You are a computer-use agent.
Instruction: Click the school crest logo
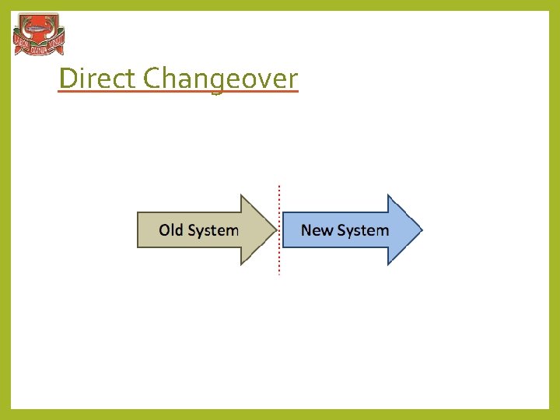[x=39, y=35]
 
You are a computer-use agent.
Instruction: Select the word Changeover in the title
[x=221, y=79]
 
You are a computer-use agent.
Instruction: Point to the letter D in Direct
[x=67, y=79]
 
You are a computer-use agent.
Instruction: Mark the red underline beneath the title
[x=178, y=93]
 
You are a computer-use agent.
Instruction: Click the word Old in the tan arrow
[x=171, y=230]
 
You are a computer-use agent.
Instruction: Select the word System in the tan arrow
[x=213, y=230]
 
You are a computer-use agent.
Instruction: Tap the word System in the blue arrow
[x=362, y=230]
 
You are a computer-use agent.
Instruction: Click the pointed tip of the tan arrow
[x=276, y=229]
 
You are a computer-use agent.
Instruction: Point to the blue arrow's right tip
[x=421, y=229]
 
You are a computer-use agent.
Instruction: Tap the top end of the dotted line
[x=279, y=186]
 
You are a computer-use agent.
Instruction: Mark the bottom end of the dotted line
[x=279, y=274]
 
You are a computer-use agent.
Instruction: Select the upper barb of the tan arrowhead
[x=243, y=197]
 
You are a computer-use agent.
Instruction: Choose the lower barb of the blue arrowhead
[x=388, y=263]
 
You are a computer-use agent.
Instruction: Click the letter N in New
[x=306, y=230]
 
